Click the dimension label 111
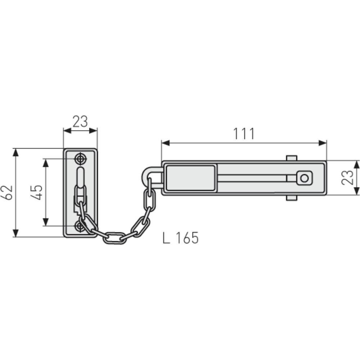(244, 134)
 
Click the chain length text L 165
(180, 238)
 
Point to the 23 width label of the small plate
(80, 122)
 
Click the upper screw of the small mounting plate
(80, 158)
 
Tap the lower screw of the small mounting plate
(80, 226)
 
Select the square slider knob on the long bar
(304, 178)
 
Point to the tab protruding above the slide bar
(292, 158)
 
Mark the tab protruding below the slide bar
(292, 198)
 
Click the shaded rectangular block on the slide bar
(190, 178)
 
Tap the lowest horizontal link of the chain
(115, 238)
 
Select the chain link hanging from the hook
(150, 199)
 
